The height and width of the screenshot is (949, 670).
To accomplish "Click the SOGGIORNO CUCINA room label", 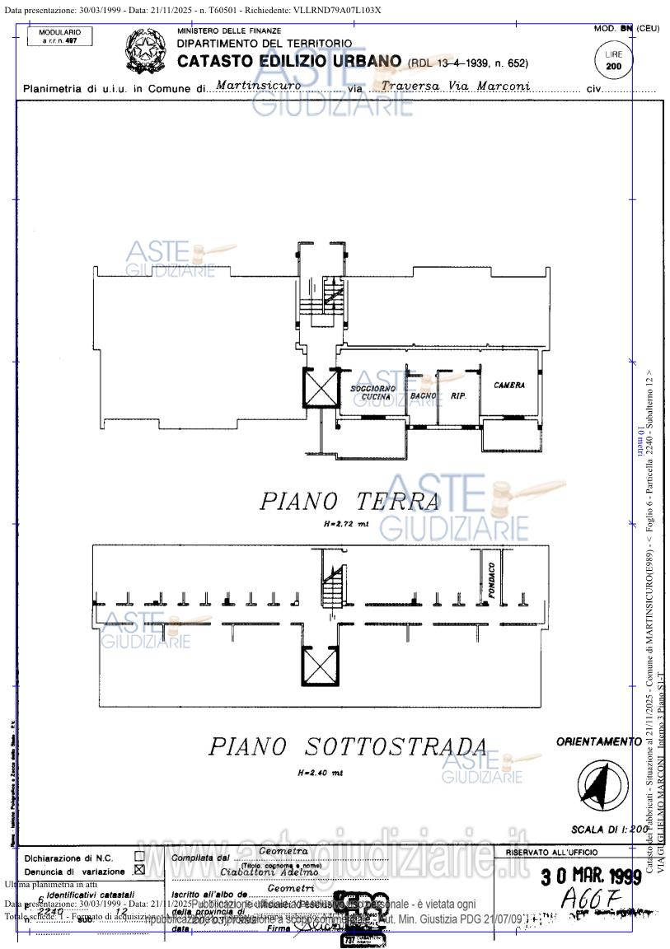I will click(372, 392).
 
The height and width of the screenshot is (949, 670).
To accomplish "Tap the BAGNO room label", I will click(423, 395).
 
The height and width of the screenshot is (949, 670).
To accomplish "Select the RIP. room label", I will click(458, 396).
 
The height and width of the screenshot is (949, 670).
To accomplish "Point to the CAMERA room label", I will click(509, 385).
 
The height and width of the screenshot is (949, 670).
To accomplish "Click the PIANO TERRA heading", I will click(349, 501).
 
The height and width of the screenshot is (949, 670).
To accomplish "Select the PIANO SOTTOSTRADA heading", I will click(347, 746).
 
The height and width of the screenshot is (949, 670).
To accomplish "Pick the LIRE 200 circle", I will click(613, 60).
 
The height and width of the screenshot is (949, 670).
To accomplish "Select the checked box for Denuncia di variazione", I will click(139, 869).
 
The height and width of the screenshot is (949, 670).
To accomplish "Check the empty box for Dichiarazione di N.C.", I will click(139, 856).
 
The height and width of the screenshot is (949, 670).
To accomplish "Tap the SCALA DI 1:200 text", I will click(610, 830).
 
